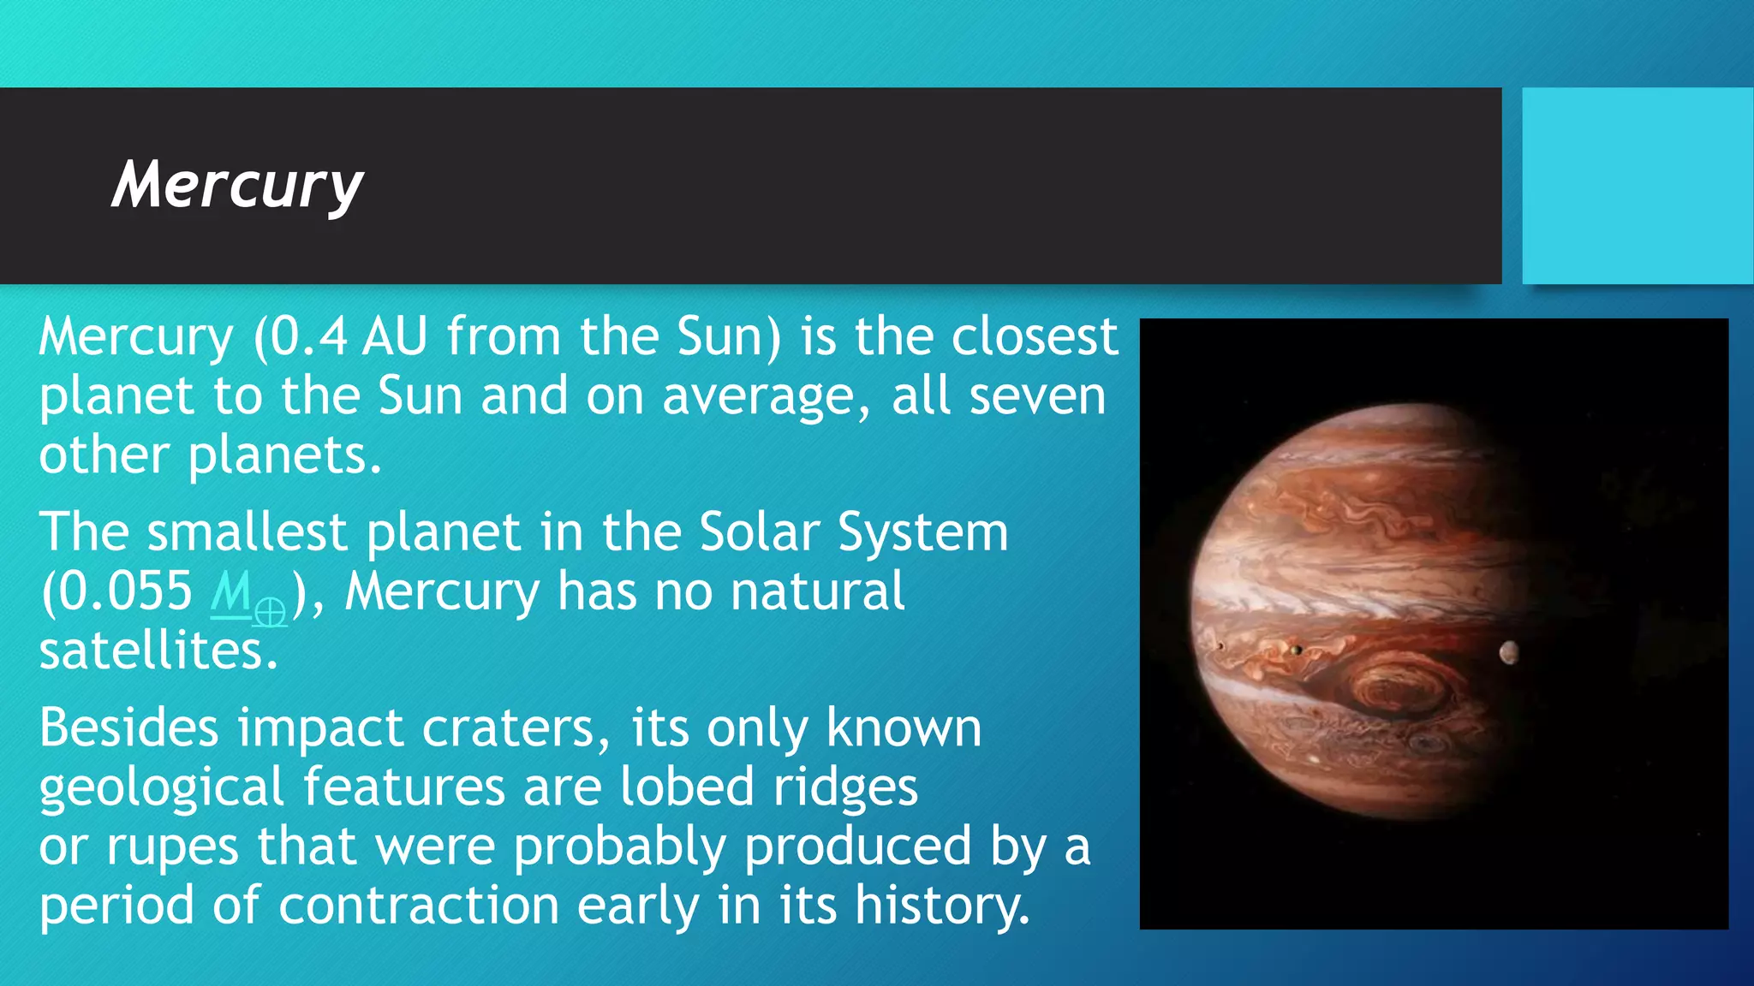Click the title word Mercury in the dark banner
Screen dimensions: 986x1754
click(237, 185)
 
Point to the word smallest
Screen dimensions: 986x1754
click(247, 532)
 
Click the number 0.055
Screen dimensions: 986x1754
click(126, 591)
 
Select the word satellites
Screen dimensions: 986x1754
click(158, 650)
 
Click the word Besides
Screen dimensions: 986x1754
click(129, 728)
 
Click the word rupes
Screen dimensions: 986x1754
click(171, 847)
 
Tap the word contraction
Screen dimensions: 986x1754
click(419, 906)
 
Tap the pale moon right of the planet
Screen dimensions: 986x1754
click(1509, 653)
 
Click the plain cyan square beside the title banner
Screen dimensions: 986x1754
click(1637, 186)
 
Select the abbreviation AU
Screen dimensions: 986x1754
click(394, 336)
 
